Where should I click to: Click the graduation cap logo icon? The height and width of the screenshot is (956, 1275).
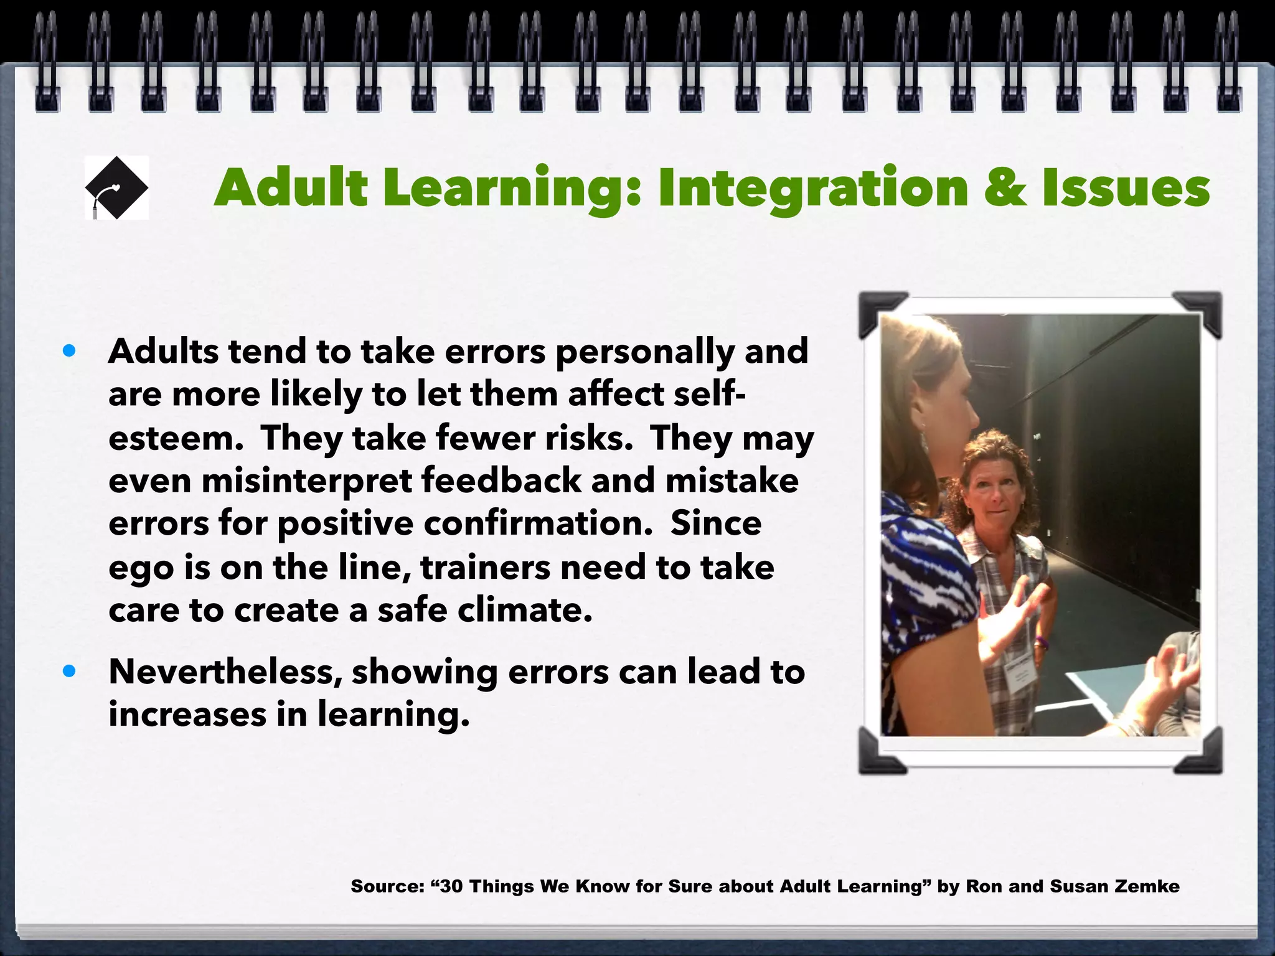pyautogui.click(x=116, y=187)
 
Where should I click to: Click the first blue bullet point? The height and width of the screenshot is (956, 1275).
pyautogui.click(x=69, y=351)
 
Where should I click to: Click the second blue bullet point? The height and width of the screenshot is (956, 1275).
pyautogui.click(x=69, y=672)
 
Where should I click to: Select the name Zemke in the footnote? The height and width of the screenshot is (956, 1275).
pyautogui.click(x=1145, y=886)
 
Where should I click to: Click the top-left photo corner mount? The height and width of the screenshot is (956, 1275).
pyautogui.click(x=880, y=313)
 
